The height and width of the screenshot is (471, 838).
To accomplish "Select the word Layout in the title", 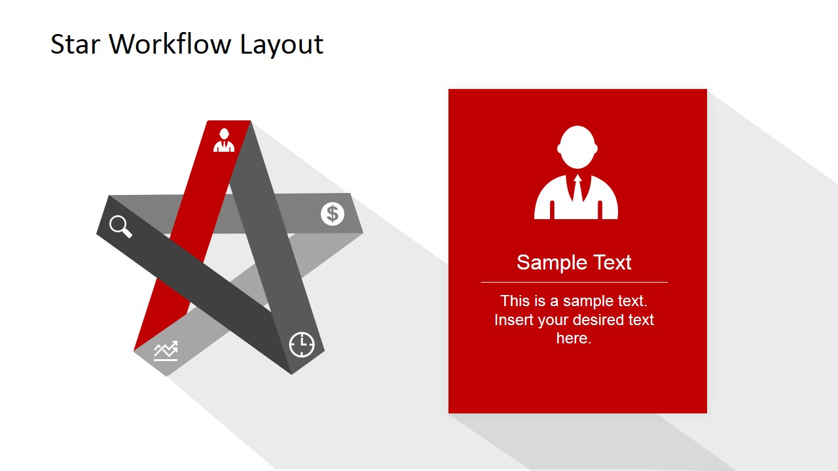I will click(282, 44).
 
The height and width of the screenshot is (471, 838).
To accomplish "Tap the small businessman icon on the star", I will click(224, 140).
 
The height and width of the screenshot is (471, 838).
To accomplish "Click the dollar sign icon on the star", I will click(333, 213).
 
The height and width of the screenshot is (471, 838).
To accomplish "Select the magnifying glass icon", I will click(120, 226).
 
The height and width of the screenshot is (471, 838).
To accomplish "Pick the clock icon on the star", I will click(302, 344).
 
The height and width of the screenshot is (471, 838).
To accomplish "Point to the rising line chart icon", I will click(166, 351).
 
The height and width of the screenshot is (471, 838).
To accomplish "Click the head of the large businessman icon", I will click(576, 147).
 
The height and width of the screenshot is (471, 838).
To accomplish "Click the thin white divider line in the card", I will click(574, 282).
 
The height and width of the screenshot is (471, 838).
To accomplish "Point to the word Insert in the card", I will click(514, 320).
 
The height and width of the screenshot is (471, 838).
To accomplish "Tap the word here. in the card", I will click(574, 338).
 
